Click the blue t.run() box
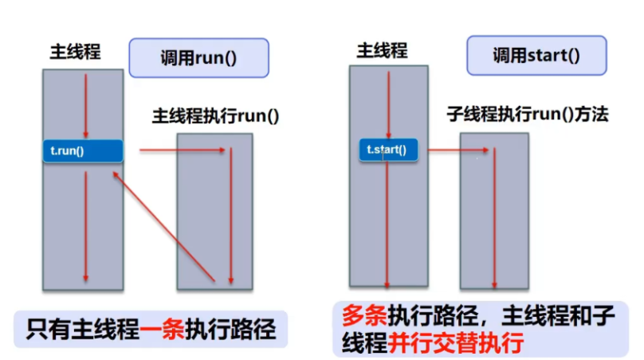[83, 151]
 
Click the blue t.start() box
[387, 150]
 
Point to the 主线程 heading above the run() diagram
[75, 53]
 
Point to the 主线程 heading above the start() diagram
[382, 51]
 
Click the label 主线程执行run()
[215, 115]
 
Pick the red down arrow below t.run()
[84, 227]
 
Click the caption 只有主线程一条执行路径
[151, 328]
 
